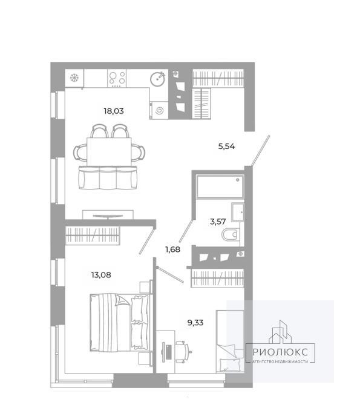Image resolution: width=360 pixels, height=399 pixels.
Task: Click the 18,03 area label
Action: click(x=114, y=111)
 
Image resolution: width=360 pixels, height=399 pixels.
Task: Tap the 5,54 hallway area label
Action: click(x=226, y=147)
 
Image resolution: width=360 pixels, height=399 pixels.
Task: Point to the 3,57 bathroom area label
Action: click(x=218, y=222)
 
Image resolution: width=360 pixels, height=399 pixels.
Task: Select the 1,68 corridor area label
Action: click(x=172, y=249)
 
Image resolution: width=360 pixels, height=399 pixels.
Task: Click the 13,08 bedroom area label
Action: click(x=101, y=275)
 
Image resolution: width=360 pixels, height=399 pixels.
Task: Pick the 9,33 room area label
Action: click(x=195, y=323)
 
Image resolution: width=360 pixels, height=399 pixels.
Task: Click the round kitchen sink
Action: click(x=158, y=79)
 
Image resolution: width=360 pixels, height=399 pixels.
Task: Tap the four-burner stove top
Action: click(x=117, y=78)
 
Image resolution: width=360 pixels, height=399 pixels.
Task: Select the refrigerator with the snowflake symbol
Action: click(x=74, y=78)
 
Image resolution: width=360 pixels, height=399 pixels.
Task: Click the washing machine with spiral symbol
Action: click(x=159, y=110)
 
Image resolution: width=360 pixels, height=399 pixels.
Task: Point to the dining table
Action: click(x=109, y=151)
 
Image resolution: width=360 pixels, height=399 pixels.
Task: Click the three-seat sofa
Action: click(x=108, y=177)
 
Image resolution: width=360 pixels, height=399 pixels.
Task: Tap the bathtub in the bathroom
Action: click(x=220, y=186)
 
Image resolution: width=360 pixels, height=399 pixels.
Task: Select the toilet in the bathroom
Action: click(x=231, y=234)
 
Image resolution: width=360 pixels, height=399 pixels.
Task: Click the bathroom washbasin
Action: click(x=238, y=212)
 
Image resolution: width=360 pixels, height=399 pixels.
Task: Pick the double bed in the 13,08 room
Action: click(x=119, y=323)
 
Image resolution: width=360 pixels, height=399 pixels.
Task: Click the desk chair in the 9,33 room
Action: click(x=183, y=352)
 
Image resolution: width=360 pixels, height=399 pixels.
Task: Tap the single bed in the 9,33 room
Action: click(x=230, y=341)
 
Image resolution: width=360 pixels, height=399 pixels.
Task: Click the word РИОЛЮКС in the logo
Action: click(x=280, y=352)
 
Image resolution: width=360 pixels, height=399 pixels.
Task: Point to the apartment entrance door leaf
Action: click(x=260, y=151)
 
